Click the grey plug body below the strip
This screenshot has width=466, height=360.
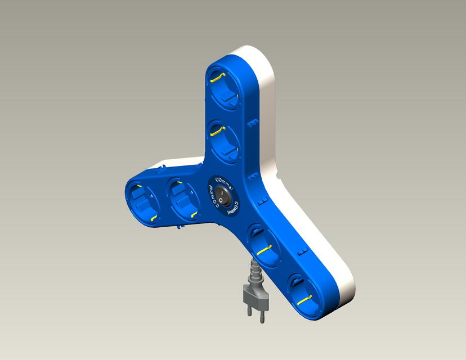click(252, 294)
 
